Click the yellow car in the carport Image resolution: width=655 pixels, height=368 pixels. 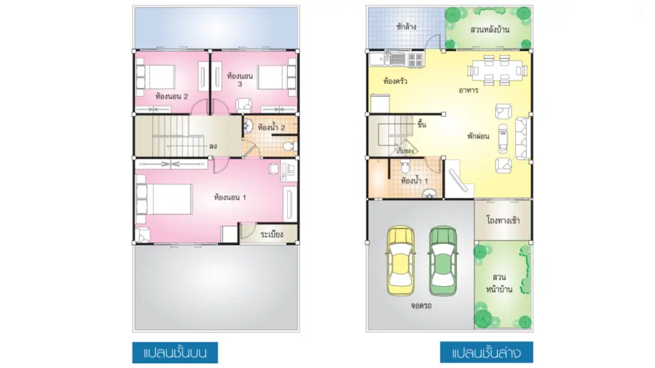pyautogui.click(x=401, y=261)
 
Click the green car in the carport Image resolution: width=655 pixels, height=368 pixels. pyautogui.click(x=443, y=261)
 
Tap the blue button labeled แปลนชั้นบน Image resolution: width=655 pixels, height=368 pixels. pyautogui.click(x=175, y=353)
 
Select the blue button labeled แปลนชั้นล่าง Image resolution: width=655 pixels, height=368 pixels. pyautogui.click(x=486, y=353)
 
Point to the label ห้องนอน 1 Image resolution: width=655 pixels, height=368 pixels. pyautogui.click(x=230, y=198)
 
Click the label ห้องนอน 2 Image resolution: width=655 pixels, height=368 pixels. pyautogui.click(x=171, y=96)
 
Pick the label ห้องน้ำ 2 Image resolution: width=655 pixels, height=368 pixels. pyautogui.click(x=271, y=127)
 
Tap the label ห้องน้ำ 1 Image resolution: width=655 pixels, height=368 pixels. pyautogui.click(x=414, y=181)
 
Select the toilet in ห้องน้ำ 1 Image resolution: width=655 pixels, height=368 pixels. pyautogui.click(x=405, y=166)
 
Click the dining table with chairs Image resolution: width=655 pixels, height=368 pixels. pyautogui.click(x=497, y=70)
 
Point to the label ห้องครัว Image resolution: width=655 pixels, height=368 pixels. pyautogui.click(x=395, y=81)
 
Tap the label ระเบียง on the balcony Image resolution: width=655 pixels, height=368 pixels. pyautogui.click(x=272, y=234)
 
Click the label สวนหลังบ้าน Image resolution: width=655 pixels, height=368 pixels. pyautogui.click(x=490, y=29)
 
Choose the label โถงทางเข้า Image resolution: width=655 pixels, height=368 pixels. pyautogui.click(x=503, y=220)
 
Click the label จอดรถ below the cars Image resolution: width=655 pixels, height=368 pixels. pyautogui.click(x=421, y=306)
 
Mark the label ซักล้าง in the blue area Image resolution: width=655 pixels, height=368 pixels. pyautogui.click(x=406, y=27)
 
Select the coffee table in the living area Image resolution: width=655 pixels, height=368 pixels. pyautogui.click(x=503, y=138)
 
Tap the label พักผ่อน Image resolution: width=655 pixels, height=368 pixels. pyautogui.click(x=478, y=136)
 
